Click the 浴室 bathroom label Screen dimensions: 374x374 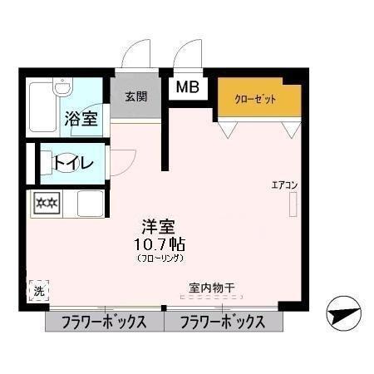click(x=81, y=118)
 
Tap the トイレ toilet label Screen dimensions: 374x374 click(x=75, y=163)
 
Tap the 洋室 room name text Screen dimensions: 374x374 click(x=156, y=225)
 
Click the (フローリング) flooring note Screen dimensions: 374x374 click(x=156, y=259)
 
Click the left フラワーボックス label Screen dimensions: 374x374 click(x=103, y=322)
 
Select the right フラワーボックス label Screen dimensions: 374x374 click(x=222, y=322)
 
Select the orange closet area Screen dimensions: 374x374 click(x=258, y=98)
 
